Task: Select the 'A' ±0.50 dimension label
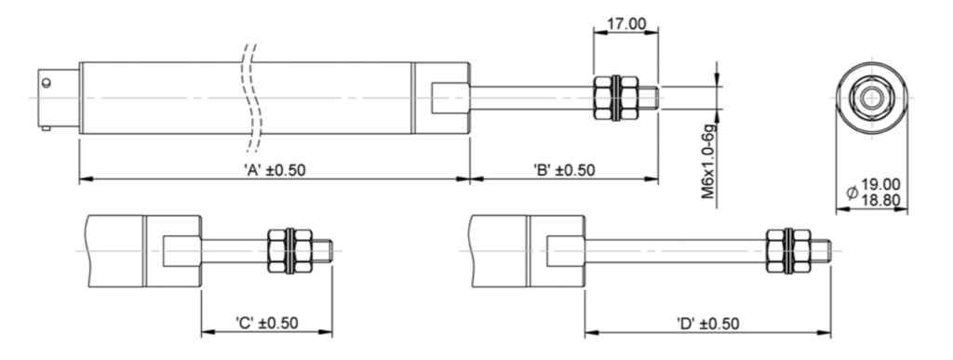coord(275,170)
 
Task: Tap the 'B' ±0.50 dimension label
coord(564,170)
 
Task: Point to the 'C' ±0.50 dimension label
coord(267,323)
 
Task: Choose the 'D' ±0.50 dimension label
coord(708,324)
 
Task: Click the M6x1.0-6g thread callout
coord(708,161)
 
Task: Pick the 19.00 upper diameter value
coord(881,184)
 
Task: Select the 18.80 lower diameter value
coord(881,200)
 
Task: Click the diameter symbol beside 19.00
coord(852,193)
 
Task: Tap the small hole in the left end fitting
coord(47,83)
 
